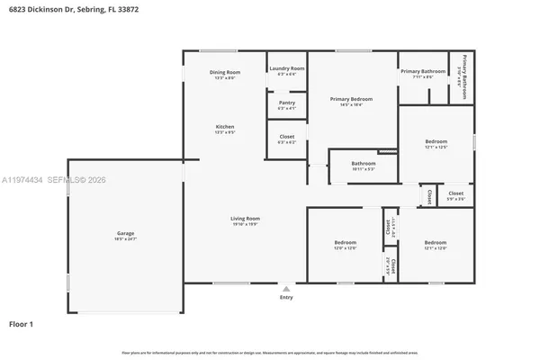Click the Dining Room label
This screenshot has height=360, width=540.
click(225, 72)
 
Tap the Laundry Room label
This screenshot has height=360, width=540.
click(286, 68)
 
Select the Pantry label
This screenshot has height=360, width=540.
click(286, 103)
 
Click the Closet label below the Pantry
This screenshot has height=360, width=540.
click(286, 137)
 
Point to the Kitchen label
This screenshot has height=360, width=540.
click(225, 127)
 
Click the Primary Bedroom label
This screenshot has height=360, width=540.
click(351, 99)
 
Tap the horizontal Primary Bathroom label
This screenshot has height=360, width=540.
click(423, 71)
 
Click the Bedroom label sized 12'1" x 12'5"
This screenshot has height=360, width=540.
click(436, 141)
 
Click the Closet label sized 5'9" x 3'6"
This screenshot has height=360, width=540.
click(456, 193)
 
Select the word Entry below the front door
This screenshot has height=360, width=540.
click(286, 297)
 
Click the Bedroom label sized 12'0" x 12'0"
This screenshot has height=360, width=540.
click(346, 242)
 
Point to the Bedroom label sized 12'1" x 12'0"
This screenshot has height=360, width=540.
click(436, 242)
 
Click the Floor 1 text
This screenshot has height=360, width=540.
click(22, 322)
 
